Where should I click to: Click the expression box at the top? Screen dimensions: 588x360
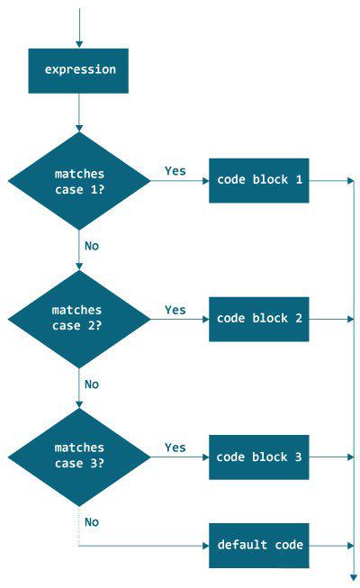[79, 70]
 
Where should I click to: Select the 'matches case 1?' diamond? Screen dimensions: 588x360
[79, 180]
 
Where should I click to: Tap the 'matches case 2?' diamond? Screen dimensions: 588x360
[79, 319]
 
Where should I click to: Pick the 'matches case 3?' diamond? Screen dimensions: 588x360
[79, 456]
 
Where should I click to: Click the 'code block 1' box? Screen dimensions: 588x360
[259, 180]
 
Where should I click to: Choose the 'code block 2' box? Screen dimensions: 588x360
[259, 319]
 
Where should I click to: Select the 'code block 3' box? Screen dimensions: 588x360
[259, 457]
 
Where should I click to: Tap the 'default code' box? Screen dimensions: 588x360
[259, 546]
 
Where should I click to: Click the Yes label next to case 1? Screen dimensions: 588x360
[175, 170]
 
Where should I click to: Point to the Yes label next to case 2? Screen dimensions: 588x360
[175, 310]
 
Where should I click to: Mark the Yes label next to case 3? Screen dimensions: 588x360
[175, 448]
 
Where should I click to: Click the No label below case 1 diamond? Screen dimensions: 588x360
[92, 245]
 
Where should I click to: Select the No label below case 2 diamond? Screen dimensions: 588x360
[92, 384]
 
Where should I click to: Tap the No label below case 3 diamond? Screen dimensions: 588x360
[92, 521]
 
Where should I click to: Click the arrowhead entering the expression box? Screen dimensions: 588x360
[79, 44]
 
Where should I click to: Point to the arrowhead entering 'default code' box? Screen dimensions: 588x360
[205, 546]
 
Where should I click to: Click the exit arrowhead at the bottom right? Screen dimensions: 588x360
[353, 576]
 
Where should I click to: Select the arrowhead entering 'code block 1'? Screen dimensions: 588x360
[205, 180]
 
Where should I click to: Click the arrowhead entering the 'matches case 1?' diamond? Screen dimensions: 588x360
[79, 128]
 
